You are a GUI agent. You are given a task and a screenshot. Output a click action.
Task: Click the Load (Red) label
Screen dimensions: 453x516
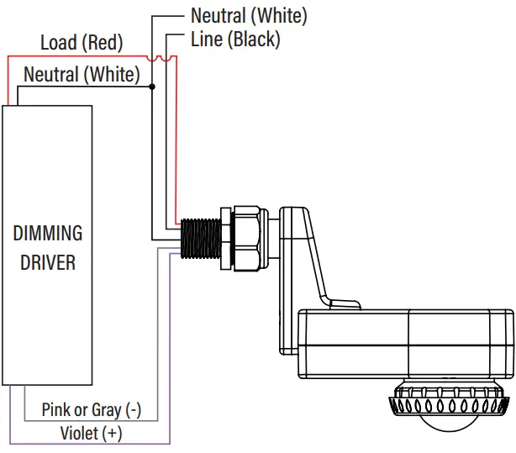(82, 42)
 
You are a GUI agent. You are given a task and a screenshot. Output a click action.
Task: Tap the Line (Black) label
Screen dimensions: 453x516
(235, 39)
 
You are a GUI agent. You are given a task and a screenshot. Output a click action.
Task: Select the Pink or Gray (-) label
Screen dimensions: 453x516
(91, 410)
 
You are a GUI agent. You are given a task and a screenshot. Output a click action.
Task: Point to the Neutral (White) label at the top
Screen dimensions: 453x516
(249, 15)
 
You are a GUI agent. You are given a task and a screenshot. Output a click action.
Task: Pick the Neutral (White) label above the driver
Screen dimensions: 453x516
(82, 74)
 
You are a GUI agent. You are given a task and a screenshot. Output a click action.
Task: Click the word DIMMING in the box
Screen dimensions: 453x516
(48, 233)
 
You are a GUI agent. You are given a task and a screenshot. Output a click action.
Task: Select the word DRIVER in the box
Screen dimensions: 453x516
(48, 262)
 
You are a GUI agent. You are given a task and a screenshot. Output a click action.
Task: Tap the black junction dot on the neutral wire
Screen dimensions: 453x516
(152, 87)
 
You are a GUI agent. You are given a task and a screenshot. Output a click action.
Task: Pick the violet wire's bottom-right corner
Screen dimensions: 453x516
(171, 443)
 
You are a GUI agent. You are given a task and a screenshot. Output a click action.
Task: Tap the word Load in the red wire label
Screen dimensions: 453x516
(59, 42)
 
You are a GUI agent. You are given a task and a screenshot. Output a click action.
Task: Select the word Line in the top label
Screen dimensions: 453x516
(208, 39)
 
